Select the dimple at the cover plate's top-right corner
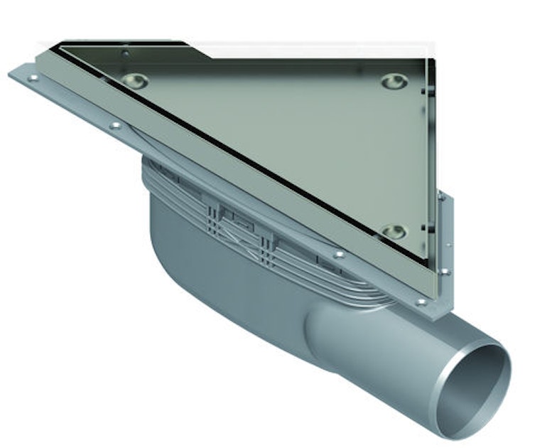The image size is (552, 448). point(394,81)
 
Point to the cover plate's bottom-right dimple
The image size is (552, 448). point(393,231)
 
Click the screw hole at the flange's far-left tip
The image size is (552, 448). point(32,78)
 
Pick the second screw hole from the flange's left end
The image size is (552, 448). point(114,126)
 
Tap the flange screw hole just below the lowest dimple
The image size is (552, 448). point(339,254)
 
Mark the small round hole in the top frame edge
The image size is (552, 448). point(125,52)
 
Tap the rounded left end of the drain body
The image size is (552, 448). point(160,235)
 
